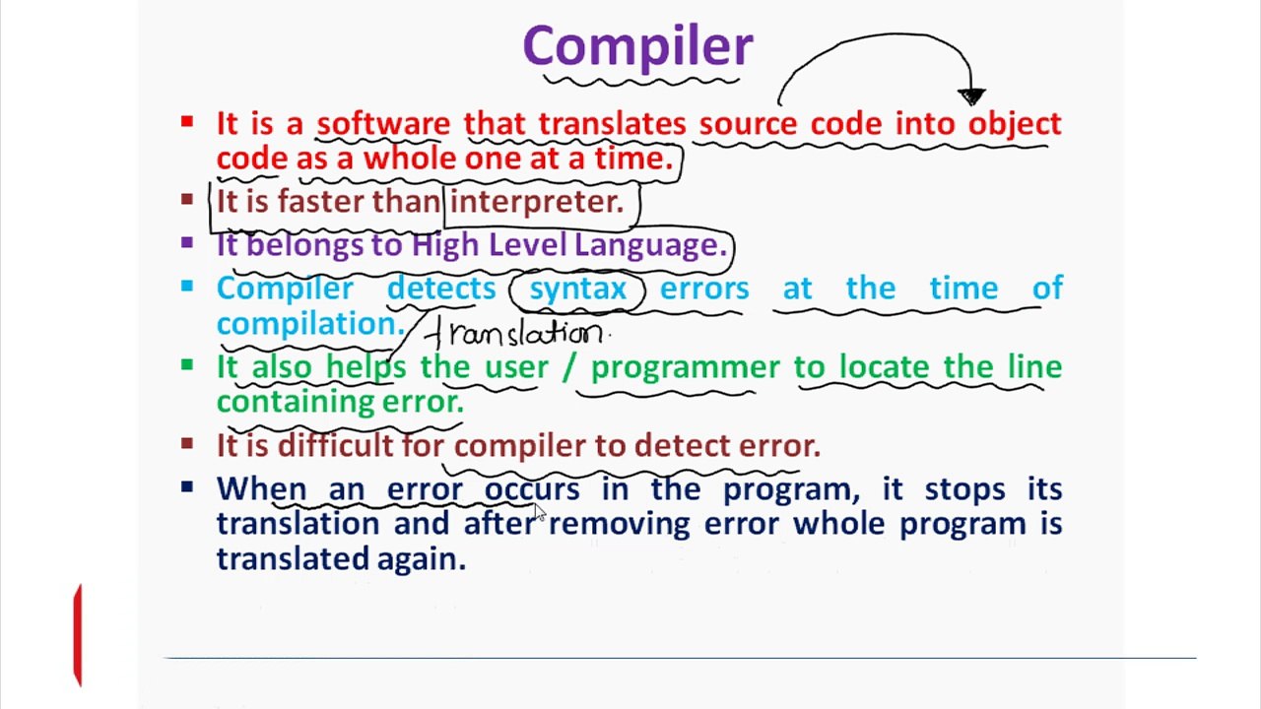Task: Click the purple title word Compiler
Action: tap(637, 47)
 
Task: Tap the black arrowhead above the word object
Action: tap(971, 96)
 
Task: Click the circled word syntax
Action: tap(577, 289)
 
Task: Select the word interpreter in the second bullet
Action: tap(536, 202)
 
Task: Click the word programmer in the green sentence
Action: tap(685, 367)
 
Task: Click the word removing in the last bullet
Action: tap(619, 524)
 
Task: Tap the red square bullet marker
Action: tap(187, 122)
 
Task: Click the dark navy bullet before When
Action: tap(187, 486)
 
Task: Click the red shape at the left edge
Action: tap(78, 634)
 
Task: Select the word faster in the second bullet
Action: tap(321, 202)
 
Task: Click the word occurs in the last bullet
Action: tap(531, 489)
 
